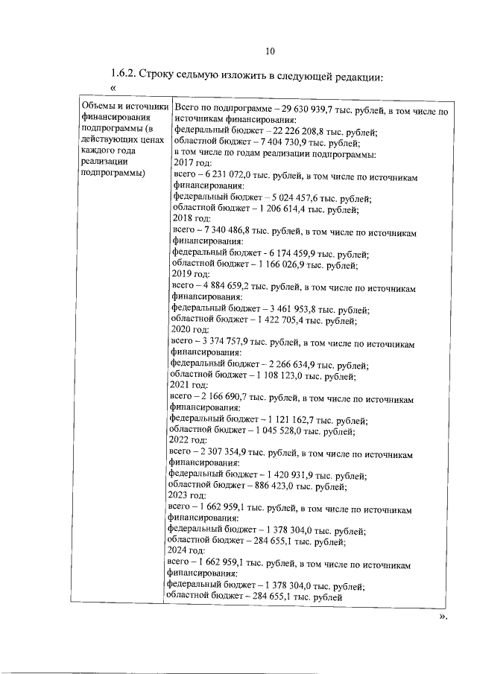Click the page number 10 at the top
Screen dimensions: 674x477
(x=270, y=51)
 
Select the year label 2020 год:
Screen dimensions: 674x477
(x=191, y=331)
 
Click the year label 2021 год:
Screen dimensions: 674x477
(x=189, y=386)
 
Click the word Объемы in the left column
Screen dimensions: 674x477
(x=98, y=109)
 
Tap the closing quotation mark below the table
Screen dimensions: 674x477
(x=443, y=617)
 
